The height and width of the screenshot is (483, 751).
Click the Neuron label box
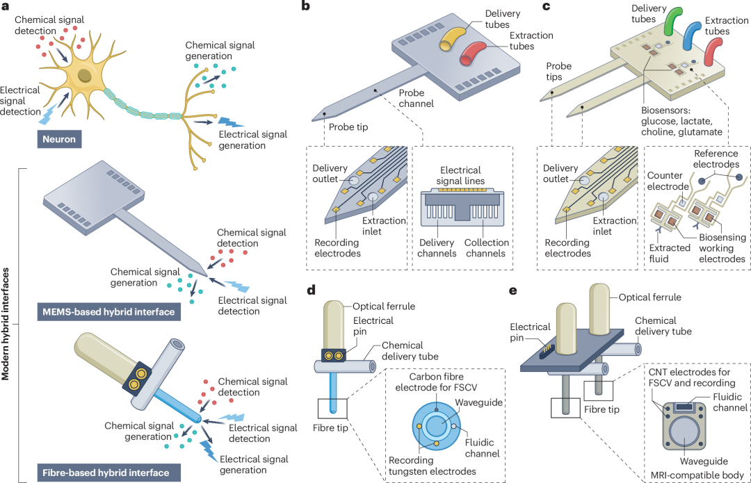coord(59,139)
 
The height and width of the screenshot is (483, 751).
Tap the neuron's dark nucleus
coord(85,75)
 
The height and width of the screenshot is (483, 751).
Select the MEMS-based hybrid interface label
coord(108,312)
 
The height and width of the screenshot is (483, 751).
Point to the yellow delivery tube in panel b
coord(453,38)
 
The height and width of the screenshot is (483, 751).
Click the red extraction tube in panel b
coord(472,53)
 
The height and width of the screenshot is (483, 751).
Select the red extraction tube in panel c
coord(713,51)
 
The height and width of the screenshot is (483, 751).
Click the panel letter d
coord(312,290)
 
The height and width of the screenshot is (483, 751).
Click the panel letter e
coord(512,290)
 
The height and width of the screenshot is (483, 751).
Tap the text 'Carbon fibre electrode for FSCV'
coord(436,382)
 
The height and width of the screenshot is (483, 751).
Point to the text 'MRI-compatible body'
coord(697,475)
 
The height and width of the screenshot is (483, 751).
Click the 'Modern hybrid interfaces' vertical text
coord(6,324)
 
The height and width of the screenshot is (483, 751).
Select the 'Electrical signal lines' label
coord(460,175)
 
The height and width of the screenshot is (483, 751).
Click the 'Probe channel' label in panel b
coord(417,98)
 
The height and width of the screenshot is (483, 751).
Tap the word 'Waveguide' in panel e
coord(704,461)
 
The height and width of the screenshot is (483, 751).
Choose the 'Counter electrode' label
coord(668,181)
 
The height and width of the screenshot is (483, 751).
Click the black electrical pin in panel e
coord(544,350)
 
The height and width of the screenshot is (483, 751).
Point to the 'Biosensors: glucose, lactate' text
coord(677,116)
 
